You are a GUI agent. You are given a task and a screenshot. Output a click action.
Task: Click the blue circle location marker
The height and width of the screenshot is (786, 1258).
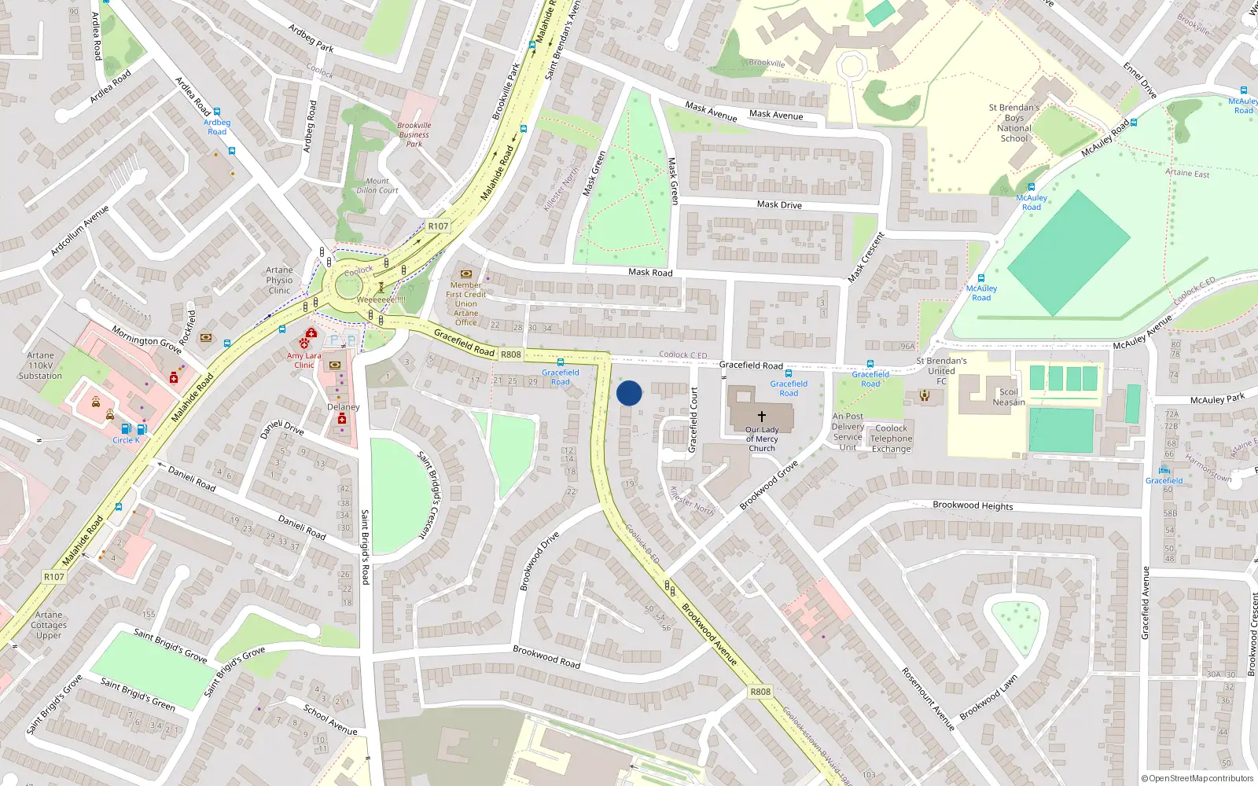tap(629, 393)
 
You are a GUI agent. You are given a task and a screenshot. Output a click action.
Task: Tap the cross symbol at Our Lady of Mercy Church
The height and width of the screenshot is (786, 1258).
tap(761, 416)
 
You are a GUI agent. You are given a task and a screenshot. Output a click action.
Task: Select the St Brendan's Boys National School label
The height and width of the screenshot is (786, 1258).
tap(1014, 123)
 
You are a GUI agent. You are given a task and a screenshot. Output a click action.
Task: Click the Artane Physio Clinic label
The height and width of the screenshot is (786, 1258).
tap(279, 280)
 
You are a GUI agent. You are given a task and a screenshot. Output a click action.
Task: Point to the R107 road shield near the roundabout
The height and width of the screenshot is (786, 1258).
tap(438, 226)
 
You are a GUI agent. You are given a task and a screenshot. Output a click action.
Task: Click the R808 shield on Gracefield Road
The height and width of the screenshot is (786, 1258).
tap(511, 354)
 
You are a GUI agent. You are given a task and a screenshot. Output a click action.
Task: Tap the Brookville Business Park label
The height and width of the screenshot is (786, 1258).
tap(414, 134)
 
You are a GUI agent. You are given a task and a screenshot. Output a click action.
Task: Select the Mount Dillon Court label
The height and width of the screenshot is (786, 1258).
tap(377, 185)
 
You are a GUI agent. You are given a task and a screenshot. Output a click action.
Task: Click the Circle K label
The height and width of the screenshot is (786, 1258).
tap(126, 440)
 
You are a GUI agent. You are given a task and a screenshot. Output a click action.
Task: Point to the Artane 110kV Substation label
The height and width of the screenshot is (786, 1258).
tap(40, 365)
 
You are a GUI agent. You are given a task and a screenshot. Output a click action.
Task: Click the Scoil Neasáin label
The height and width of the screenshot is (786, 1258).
tap(1009, 397)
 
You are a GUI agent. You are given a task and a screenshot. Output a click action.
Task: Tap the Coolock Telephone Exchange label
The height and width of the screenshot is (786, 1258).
tap(891, 439)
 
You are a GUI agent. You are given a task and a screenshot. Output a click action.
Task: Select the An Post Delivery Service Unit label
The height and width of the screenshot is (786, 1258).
tap(848, 432)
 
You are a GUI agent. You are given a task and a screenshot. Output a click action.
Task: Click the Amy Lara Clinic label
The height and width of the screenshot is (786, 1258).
tap(304, 360)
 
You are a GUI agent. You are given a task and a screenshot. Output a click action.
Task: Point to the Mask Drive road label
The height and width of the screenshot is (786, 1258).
tap(779, 204)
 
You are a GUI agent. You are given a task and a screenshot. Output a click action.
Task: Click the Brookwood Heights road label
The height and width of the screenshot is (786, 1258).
tap(973, 505)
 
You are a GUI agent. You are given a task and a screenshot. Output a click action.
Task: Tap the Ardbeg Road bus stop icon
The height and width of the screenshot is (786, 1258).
tap(217, 112)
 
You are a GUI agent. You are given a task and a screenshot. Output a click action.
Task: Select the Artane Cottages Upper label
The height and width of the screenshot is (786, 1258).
tap(49, 625)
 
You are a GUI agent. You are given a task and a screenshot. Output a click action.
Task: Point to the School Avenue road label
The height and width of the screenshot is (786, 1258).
tap(330, 720)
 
